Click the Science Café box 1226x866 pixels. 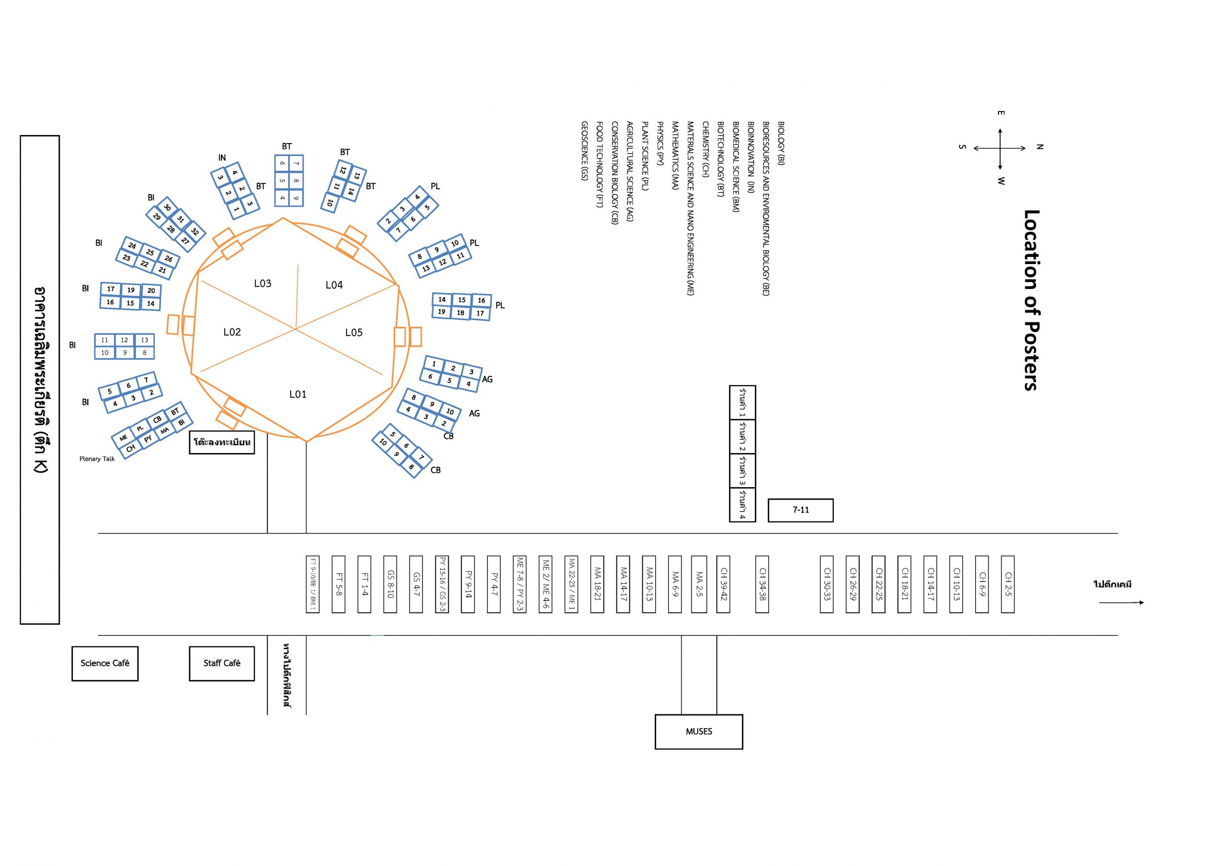[x=105, y=663]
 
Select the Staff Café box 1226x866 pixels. [x=222, y=663]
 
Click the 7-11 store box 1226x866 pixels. [x=800, y=510]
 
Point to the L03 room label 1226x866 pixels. [x=263, y=283]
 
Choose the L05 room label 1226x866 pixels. [x=353, y=333]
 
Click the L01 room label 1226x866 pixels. [x=298, y=394]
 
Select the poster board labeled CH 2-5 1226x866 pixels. [x=1008, y=584]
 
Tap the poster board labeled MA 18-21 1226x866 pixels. [x=598, y=584]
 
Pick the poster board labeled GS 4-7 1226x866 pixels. [x=416, y=584]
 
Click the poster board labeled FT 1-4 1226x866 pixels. [x=364, y=584]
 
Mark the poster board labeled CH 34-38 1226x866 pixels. [x=762, y=584]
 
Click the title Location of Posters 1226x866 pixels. [x=1030, y=300]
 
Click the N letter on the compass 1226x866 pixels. [x=1040, y=147]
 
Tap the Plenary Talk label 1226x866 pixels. [x=97, y=459]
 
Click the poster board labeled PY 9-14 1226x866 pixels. [x=468, y=584]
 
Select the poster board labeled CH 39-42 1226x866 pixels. [x=723, y=584]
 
